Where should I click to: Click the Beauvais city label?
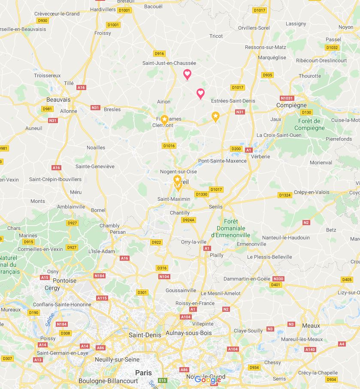coord(58,100)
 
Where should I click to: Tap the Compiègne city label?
coord(291,105)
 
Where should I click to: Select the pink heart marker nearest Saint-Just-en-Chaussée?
coord(187,74)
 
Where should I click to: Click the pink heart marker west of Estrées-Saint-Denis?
coord(200,93)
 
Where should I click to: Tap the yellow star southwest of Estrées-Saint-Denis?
coord(215,115)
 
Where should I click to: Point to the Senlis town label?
coord(216,207)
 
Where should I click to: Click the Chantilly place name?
coord(180,213)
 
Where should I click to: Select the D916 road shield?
coord(159,54)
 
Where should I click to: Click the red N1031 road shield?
coord(287,98)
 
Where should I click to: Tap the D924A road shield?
coord(188,220)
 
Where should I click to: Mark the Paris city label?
coord(143,373)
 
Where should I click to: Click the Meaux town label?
coord(311,326)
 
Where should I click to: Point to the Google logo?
coord(208,380)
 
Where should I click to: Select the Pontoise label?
coord(64,280)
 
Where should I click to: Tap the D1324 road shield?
coord(284,195)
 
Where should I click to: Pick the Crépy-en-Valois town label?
coord(312,192)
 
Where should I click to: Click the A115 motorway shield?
coord(102,298)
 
